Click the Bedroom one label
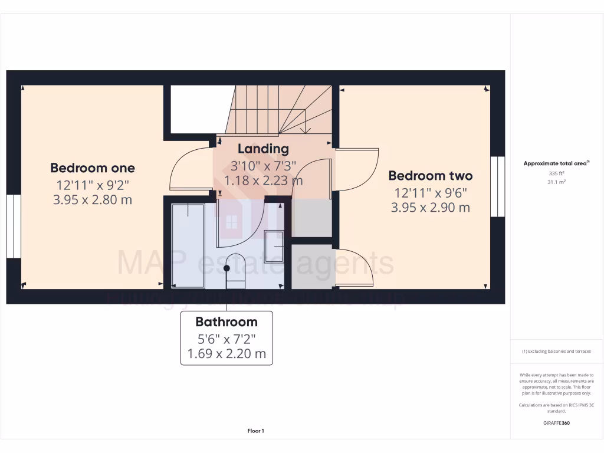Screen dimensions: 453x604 point(93,168)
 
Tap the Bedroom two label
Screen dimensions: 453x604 point(431,176)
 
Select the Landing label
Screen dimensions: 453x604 point(263,149)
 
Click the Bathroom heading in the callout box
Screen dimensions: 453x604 point(226,322)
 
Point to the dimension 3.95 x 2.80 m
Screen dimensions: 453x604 point(93,200)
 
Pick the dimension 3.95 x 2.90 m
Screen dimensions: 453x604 point(431,208)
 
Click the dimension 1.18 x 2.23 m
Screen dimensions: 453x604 point(263,180)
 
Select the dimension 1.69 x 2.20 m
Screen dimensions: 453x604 point(226,354)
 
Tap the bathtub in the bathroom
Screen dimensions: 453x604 point(188,245)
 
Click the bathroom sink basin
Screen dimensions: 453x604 point(274,247)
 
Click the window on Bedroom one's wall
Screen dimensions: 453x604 point(14,226)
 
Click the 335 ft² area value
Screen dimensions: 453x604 point(557,174)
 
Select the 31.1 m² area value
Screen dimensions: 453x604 point(557,182)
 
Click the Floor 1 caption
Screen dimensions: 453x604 point(255,431)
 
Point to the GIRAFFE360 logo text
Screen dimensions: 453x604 point(557,423)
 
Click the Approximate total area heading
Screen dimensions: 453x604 point(556,163)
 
